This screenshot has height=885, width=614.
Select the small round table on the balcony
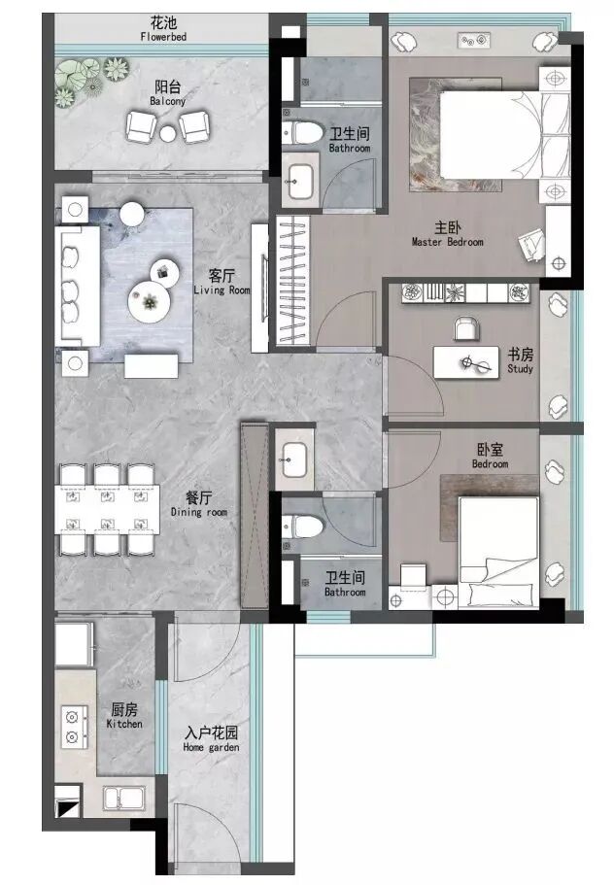tap(168, 133)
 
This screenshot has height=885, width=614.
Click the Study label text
tap(520, 361)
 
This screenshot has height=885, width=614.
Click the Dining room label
tap(198, 504)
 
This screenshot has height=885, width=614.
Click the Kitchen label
tap(124, 716)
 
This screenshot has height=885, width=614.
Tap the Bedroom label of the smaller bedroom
tap(491, 457)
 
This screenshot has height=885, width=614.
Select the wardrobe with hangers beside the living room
tap(291, 283)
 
